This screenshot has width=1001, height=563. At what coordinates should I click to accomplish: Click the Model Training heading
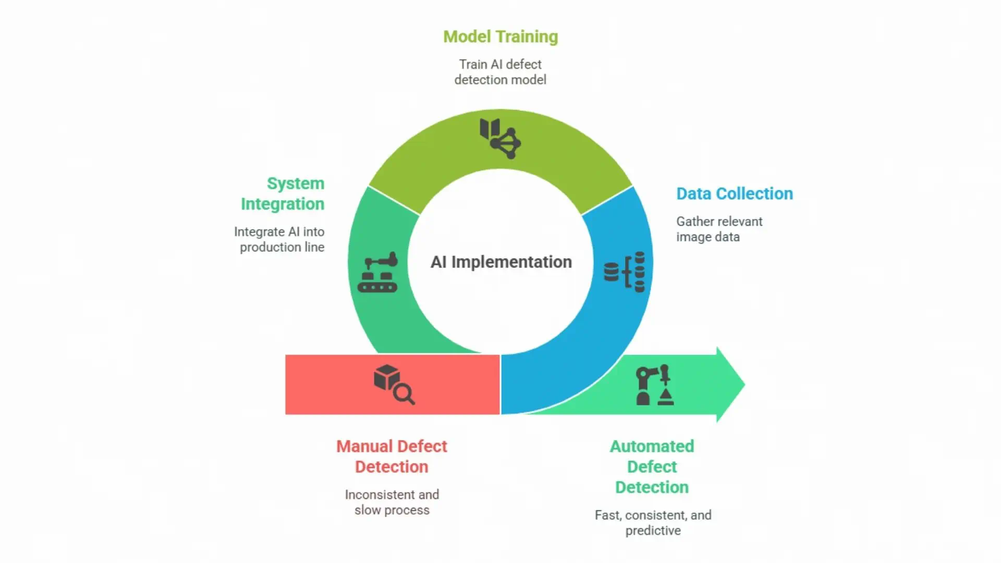coord(500,36)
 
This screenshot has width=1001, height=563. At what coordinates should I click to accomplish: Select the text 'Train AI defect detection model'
coord(500,72)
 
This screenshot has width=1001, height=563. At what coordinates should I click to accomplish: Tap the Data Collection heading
coord(734,193)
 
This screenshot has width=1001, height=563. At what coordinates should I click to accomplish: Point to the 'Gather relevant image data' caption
coord(719,229)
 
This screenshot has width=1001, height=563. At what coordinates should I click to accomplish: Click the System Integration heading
coord(283,193)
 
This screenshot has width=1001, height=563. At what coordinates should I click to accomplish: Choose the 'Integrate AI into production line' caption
coord(279,239)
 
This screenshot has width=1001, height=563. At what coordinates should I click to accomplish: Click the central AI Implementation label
coord(500,262)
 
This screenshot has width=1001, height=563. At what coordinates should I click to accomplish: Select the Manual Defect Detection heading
coord(392,456)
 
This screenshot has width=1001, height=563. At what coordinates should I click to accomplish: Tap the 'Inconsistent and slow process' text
coord(392,502)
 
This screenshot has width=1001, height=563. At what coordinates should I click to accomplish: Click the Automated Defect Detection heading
coord(652,467)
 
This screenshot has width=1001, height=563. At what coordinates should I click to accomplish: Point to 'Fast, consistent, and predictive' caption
coord(653,522)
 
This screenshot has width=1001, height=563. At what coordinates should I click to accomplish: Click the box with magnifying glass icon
coord(394,385)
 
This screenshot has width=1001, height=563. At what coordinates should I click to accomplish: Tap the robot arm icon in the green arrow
coord(654,385)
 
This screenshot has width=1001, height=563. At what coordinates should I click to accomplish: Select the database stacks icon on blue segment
coord(625,272)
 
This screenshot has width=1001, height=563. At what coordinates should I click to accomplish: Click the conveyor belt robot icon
coord(377,272)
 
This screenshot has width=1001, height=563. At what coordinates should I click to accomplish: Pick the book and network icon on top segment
coord(500,138)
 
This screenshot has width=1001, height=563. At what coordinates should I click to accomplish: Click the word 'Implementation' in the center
coord(511,262)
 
